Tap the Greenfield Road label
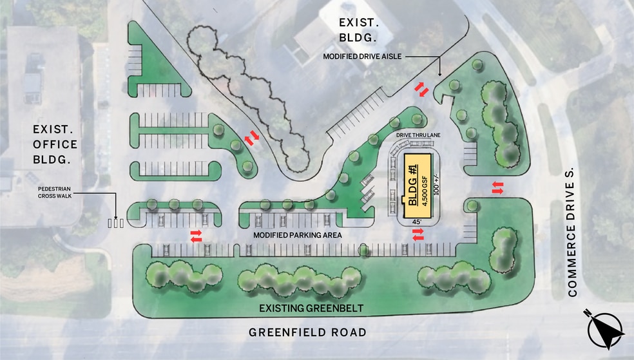coord(307,332)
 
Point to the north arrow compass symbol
coord(606,328)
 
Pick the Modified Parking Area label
coord(297,235)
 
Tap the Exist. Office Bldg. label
coord(55,144)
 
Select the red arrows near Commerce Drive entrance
coord(498,187)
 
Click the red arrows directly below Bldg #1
coord(418,238)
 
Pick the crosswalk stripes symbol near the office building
coord(115,223)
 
